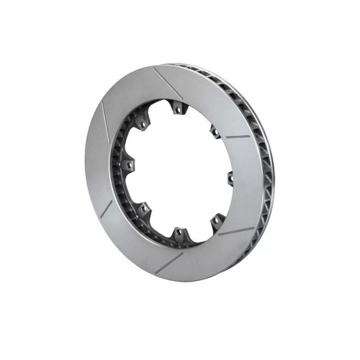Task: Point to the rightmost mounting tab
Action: [230, 177]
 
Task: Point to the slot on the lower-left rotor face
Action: [106, 208]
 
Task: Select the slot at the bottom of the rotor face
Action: [169, 261]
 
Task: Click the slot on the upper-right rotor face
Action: [237, 137]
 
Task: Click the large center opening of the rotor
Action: [177, 170]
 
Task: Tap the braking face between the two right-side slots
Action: [247, 185]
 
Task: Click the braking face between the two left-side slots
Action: [100, 162]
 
